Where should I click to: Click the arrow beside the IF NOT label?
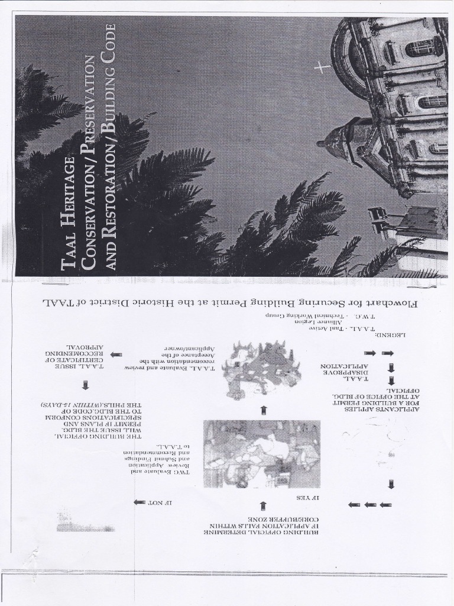pos(139,502)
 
